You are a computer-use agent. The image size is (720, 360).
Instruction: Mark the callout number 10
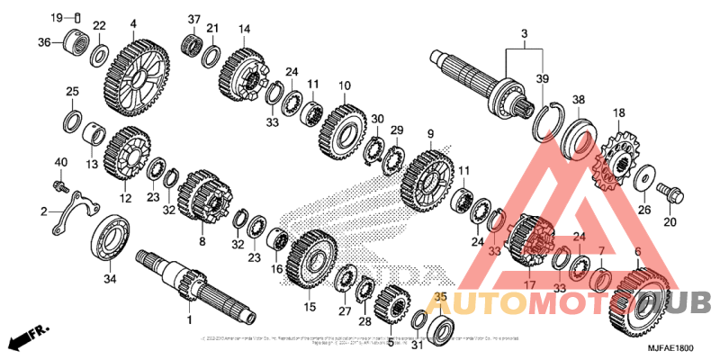[x=344, y=86]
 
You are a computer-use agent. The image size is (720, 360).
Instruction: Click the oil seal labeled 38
[x=576, y=136]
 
